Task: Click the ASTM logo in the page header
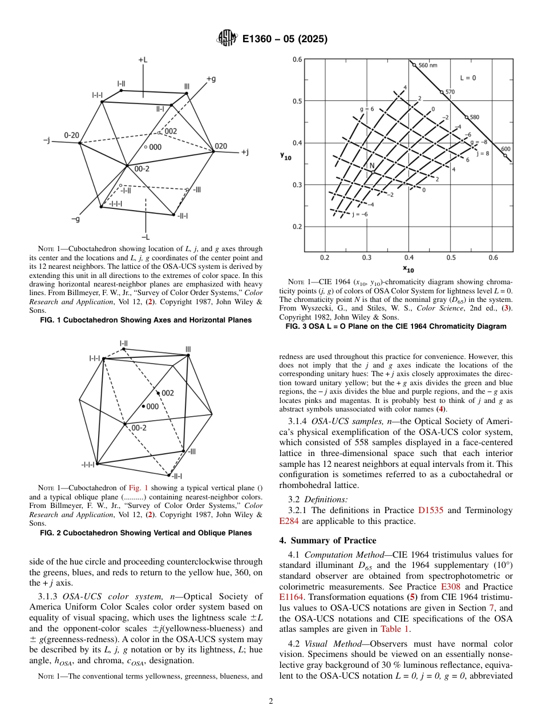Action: tap(226, 39)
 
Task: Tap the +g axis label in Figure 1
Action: tap(211, 79)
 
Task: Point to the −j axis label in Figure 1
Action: tap(47, 139)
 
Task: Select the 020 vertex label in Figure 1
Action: tap(221, 146)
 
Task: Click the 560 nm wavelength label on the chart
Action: tap(428, 66)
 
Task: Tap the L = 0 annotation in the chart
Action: tap(468, 78)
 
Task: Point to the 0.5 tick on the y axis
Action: tap(297, 102)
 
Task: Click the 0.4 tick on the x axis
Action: tap(409, 257)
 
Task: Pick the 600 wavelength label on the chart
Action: tap(505, 150)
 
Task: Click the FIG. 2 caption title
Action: tap(145, 533)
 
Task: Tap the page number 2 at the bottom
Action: tap(271, 701)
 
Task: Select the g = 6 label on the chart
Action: tap(366, 108)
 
